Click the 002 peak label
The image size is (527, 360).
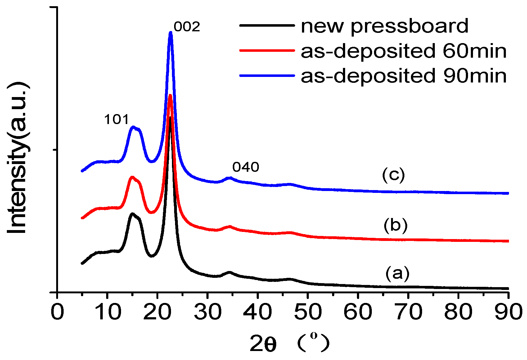(187, 27)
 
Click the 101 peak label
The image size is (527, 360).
(116, 120)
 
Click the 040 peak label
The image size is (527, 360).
(245, 167)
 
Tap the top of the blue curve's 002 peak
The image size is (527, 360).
(170, 33)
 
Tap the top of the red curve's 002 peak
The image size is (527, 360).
(170, 96)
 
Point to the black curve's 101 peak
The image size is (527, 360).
(132, 214)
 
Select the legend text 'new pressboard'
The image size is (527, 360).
(384, 26)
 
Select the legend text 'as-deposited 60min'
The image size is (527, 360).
(403, 51)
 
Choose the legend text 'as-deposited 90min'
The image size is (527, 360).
(403, 76)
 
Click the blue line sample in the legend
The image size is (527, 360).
(267, 75)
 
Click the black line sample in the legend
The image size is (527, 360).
(267, 25)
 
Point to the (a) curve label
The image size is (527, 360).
(397, 273)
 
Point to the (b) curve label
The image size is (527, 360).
(395, 225)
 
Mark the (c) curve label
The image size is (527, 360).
(393, 175)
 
